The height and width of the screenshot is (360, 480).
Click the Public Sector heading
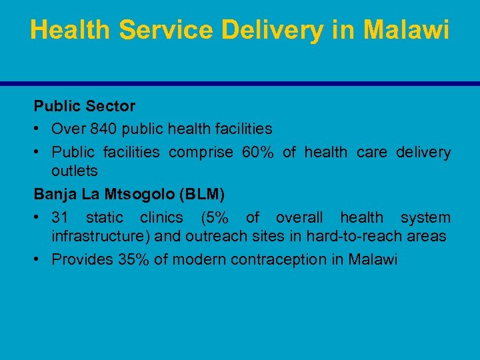[85, 106]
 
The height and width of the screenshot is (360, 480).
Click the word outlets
[75, 171]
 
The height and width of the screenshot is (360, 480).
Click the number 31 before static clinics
[61, 217]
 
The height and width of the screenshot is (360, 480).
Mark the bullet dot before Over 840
[39, 128]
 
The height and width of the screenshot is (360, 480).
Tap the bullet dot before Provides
[39, 260]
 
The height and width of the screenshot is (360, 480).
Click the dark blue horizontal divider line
[240, 83]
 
